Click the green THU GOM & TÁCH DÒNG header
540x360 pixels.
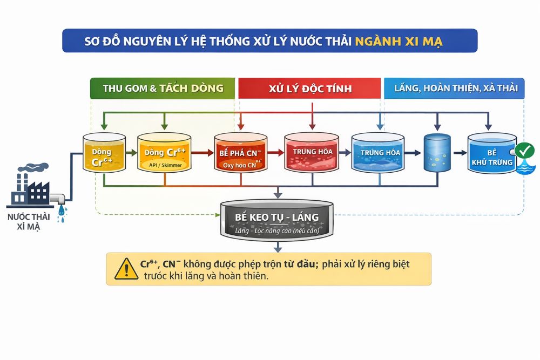pyautogui.click(x=163, y=89)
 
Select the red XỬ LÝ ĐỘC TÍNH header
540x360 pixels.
pyautogui.click(x=310, y=89)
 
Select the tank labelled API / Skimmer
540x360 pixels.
pyautogui.click(x=164, y=153)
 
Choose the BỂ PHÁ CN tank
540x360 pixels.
pyautogui.click(x=241, y=153)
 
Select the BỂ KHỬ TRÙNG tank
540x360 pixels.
pyautogui.click(x=491, y=154)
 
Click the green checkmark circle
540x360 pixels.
pyautogui.click(x=524, y=151)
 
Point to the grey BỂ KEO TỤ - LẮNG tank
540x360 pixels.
pyautogui.click(x=276, y=219)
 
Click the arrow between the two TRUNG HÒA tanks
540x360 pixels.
pyautogui.click(x=345, y=153)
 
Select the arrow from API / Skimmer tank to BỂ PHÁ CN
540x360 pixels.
pyautogui.click(x=202, y=153)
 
